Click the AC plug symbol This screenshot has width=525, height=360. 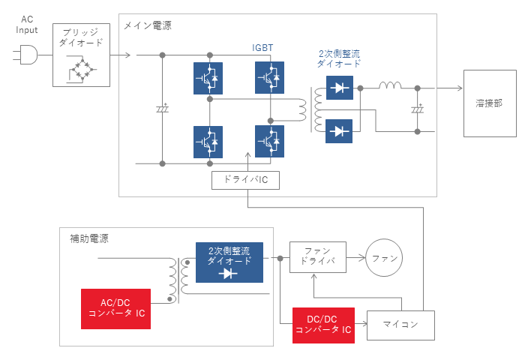25,55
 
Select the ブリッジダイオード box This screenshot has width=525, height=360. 81,55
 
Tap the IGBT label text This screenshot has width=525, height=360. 262,48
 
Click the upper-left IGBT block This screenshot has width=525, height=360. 208,78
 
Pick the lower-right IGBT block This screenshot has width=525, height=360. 269,141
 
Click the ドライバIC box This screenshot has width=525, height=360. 245,180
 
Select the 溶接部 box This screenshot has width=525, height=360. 490,103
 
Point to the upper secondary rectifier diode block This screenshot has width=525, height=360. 340,88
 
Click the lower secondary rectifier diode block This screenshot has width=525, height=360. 339,131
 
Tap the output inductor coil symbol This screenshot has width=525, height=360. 390,85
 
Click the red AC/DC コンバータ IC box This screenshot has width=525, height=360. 115,309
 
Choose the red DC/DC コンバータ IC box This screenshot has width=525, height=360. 323,325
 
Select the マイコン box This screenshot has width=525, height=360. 400,325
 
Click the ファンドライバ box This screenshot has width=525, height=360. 318,256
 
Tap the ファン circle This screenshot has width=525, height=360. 384,257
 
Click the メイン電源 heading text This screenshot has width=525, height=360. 148,25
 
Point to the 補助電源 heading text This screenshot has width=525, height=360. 89,238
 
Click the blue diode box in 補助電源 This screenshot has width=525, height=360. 229,262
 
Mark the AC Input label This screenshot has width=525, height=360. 27,25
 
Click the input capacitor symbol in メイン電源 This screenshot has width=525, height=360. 163,109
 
